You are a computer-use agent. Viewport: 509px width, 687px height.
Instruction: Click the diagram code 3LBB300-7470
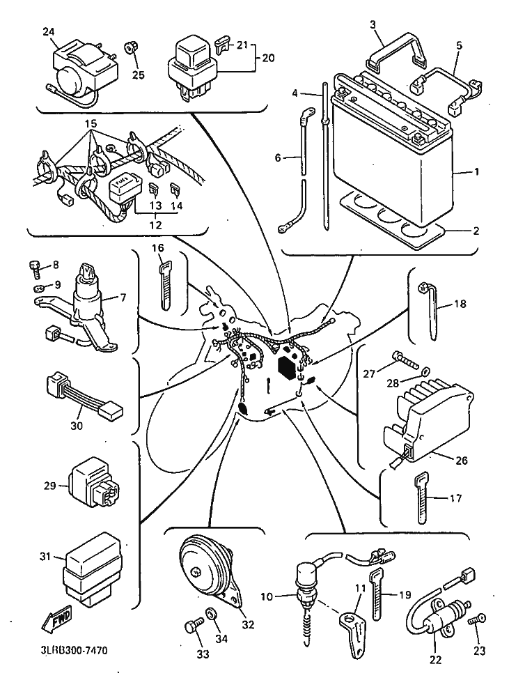[x=70, y=650]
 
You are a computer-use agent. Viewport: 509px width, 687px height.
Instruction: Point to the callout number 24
[x=49, y=31]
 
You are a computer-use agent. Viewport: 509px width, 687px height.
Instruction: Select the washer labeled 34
[x=212, y=612]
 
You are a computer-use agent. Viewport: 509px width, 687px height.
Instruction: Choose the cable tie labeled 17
[x=421, y=497]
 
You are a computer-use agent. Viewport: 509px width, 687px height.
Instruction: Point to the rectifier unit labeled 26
[x=425, y=421]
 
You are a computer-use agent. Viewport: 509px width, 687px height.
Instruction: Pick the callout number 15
[x=91, y=123]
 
